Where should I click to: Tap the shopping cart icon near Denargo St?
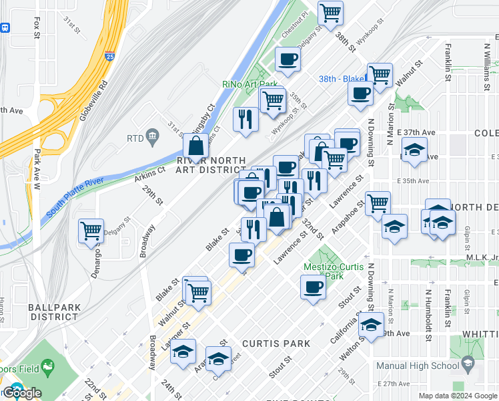91,231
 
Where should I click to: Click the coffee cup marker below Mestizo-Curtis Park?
312,288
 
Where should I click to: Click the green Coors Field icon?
47,366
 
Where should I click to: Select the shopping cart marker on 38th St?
330,11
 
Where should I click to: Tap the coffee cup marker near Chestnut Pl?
288,59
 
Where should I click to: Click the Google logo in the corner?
22,393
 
